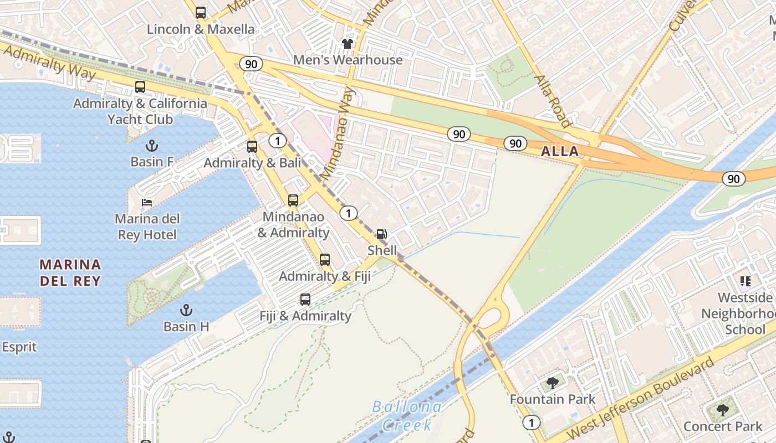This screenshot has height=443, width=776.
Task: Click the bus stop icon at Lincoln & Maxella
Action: point(201,13)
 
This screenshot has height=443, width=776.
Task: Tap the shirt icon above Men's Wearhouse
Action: point(348,44)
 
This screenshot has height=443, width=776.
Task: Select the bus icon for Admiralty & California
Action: point(140,87)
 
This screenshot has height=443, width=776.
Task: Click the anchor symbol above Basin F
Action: point(151,146)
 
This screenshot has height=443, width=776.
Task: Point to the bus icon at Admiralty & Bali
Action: point(252,147)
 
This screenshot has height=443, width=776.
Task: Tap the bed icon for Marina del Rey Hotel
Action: point(147,202)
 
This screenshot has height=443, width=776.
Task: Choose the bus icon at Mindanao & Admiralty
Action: point(293,200)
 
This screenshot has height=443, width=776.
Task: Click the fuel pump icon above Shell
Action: point(382,234)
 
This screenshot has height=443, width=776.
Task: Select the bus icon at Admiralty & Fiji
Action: point(325,260)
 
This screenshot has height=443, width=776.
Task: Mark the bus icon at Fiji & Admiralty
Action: point(305,300)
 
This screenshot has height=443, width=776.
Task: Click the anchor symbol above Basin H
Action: point(186,310)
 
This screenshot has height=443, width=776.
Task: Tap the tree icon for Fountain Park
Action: point(552,383)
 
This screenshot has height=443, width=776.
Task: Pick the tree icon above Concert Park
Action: point(723,410)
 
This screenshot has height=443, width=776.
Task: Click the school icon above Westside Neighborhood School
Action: point(745,281)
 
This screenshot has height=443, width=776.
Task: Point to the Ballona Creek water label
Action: point(407,416)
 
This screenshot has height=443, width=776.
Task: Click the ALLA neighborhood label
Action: point(560,151)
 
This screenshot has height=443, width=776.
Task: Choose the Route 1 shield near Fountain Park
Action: point(532,423)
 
